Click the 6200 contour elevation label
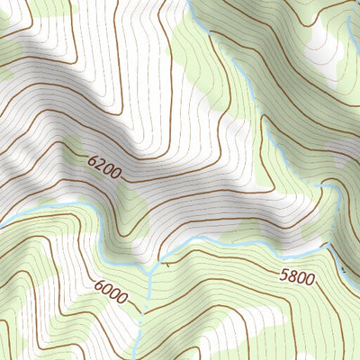tap(106, 166)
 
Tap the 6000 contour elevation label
tap(110, 291)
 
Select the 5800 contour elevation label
tap(297, 278)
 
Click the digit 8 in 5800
tap(292, 277)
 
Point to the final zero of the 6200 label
tap(119, 173)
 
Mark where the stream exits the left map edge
tap(2, 221)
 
